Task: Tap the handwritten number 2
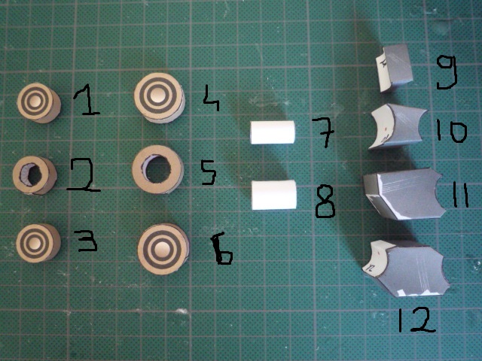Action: pyautogui.click(x=83, y=175)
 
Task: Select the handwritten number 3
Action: pyautogui.click(x=88, y=241)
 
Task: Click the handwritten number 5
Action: pyautogui.click(x=209, y=172)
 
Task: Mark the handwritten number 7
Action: pyautogui.click(x=323, y=132)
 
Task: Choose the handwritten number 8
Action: pyautogui.click(x=325, y=202)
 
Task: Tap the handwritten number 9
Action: pyautogui.click(x=447, y=73)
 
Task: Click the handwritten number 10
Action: pyautogui.click(x=450, y=132)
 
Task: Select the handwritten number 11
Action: pyautogui.click(x=460, y=196)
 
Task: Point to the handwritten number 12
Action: pyautogui.click(x=416, y=320)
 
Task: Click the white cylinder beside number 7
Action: pyautogui.click(x=273, y=132)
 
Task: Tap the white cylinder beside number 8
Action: pyautogui.click(x=274, y=195)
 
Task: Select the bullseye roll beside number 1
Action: pyautogui.click(x=38, y=102)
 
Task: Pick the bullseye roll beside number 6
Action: pyautogui.click(x=163, y=249)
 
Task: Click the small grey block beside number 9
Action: pyautogui.click(x=395, y=68)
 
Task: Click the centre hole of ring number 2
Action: pyautogui.click(x=35, y=175)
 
